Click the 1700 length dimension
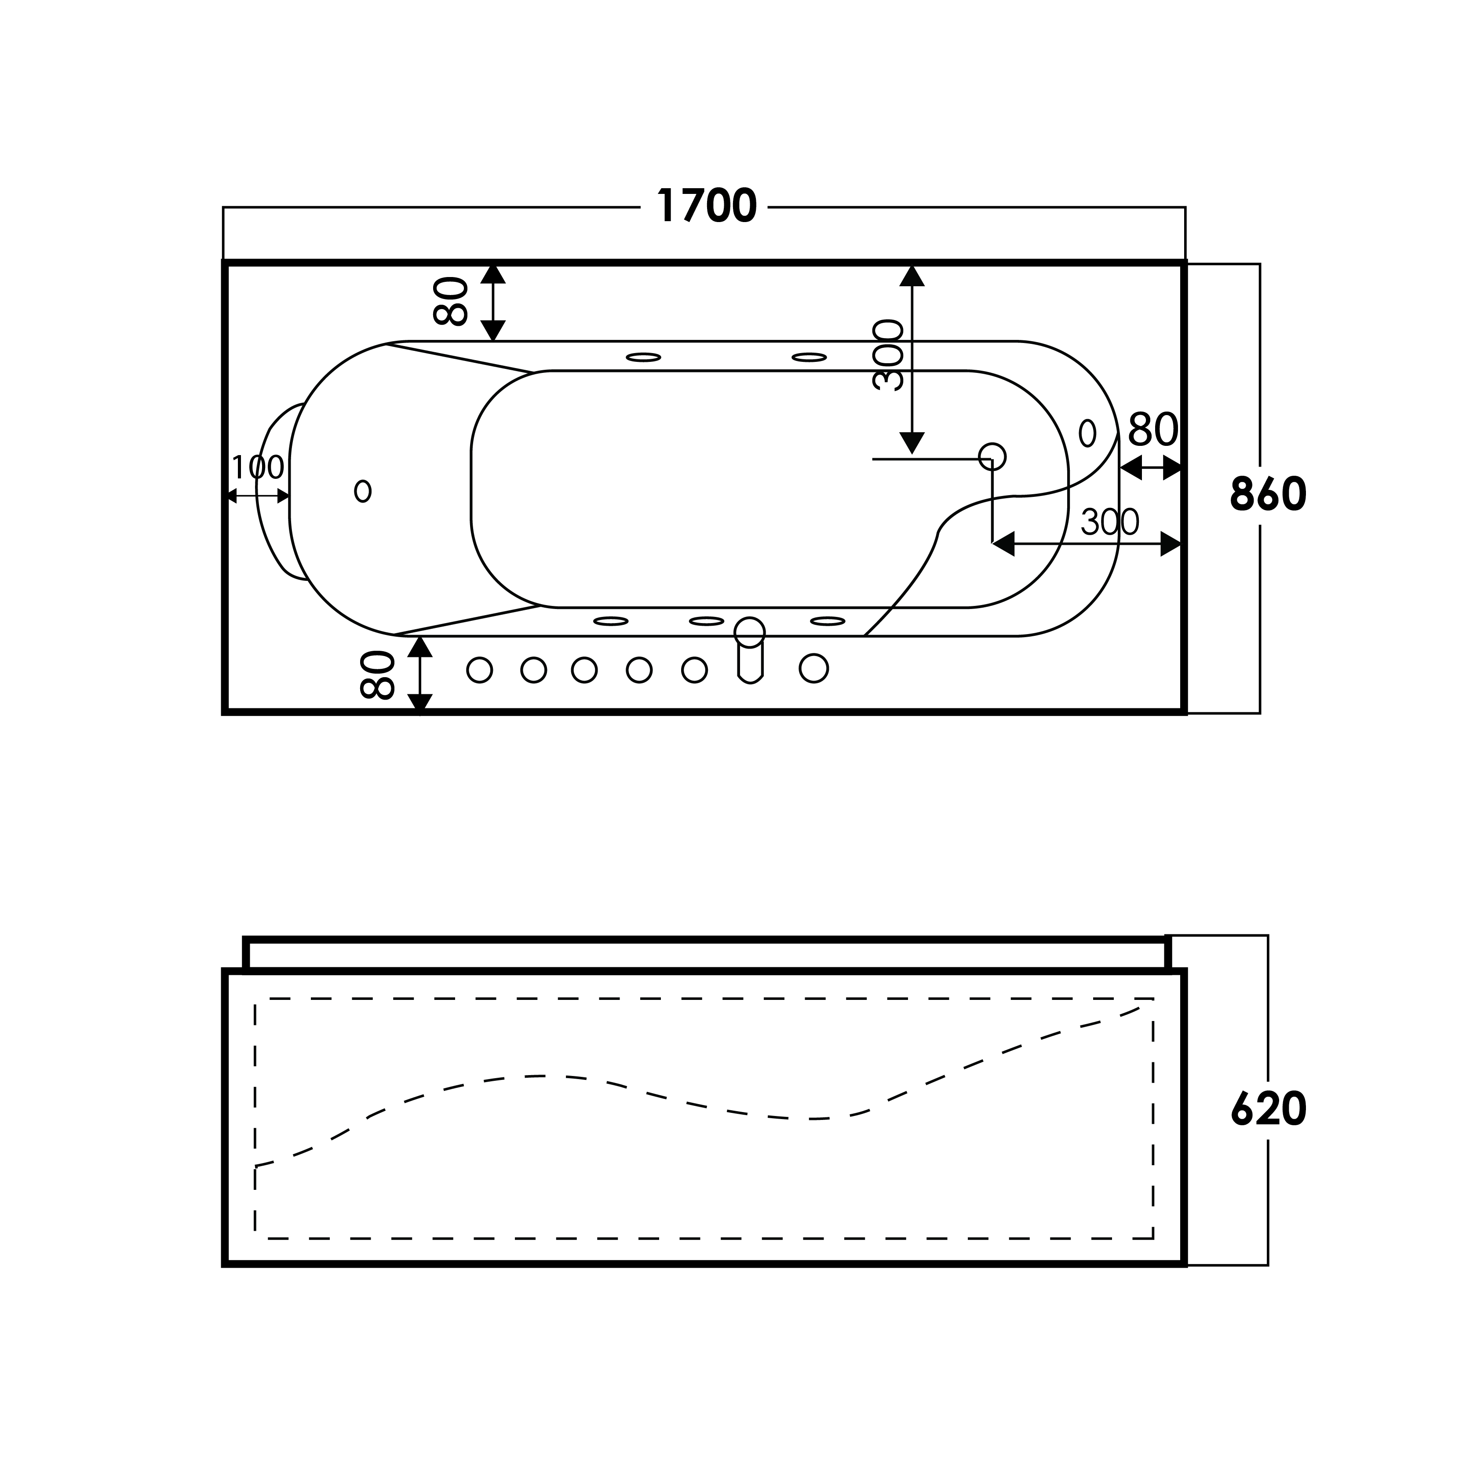tap(707, 206)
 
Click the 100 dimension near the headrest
tap(257, 467)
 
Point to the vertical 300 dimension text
tap(888, 355)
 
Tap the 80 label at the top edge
tap(451, 301)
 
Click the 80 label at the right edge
tap(1152, 430)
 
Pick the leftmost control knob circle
tap(480, 670)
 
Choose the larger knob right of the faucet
tap(813, 668)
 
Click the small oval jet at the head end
tap(363, 491)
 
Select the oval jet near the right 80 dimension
tap(1087, 433)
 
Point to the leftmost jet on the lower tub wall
tap(611, 621)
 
